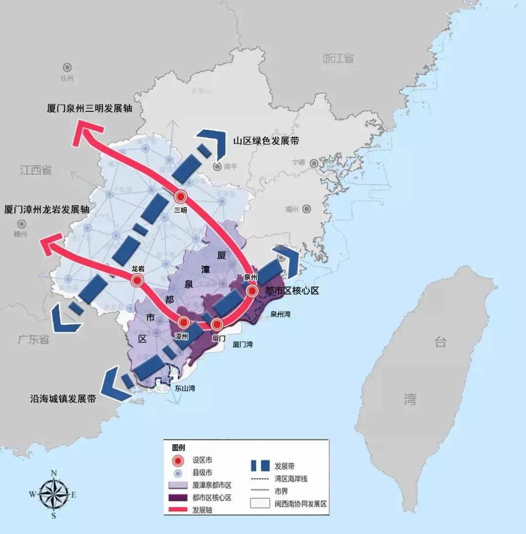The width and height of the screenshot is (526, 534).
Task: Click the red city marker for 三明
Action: pos(181,196)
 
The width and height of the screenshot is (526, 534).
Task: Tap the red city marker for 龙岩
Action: pos(137,280)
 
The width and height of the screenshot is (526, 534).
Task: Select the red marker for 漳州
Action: pos(184,322)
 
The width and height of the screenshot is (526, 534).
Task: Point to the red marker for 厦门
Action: pos(217,324)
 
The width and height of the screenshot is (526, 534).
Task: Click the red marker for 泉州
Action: pos(252,291)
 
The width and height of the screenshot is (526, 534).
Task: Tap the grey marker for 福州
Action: pos(306,209)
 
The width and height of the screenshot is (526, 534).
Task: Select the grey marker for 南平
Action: pos(216,167)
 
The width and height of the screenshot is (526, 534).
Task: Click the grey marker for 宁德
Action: pos(315,163)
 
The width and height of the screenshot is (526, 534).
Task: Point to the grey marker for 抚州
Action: pos(67,68)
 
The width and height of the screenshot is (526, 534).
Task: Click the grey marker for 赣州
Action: pos(21,224)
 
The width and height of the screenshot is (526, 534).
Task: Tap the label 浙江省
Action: pos(338,58)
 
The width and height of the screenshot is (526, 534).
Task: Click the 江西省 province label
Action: pos(36,170)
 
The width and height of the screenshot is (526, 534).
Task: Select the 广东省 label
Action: pos(34,339)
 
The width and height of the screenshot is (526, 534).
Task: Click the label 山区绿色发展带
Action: pos(266,141)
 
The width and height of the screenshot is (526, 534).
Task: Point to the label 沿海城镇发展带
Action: pos(62,399)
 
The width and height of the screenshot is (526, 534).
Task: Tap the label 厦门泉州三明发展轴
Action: pos(90,108)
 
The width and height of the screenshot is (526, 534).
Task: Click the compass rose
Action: pos(53,494)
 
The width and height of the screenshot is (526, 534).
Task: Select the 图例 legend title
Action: pos(179,447)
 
